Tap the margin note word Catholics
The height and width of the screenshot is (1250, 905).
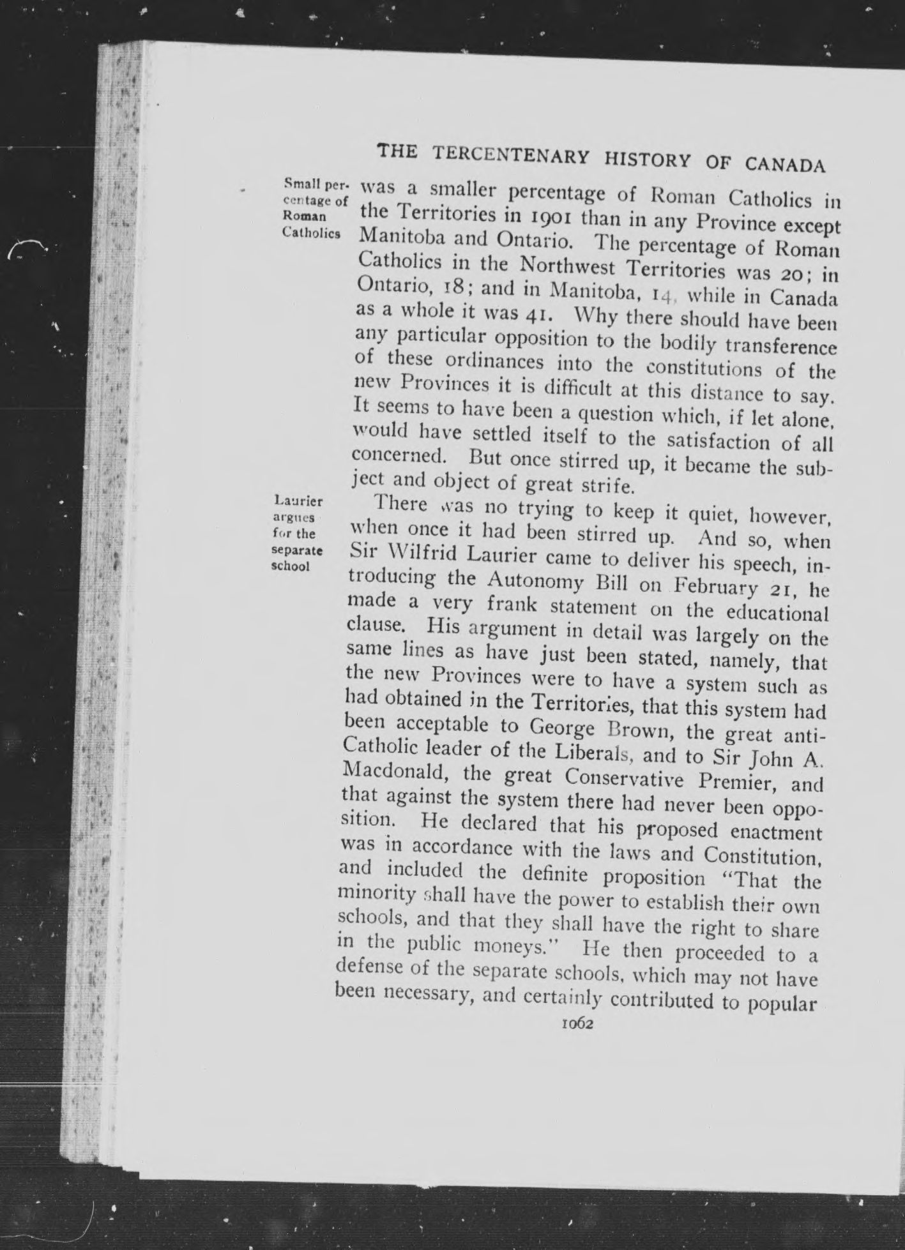click(310, 232)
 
